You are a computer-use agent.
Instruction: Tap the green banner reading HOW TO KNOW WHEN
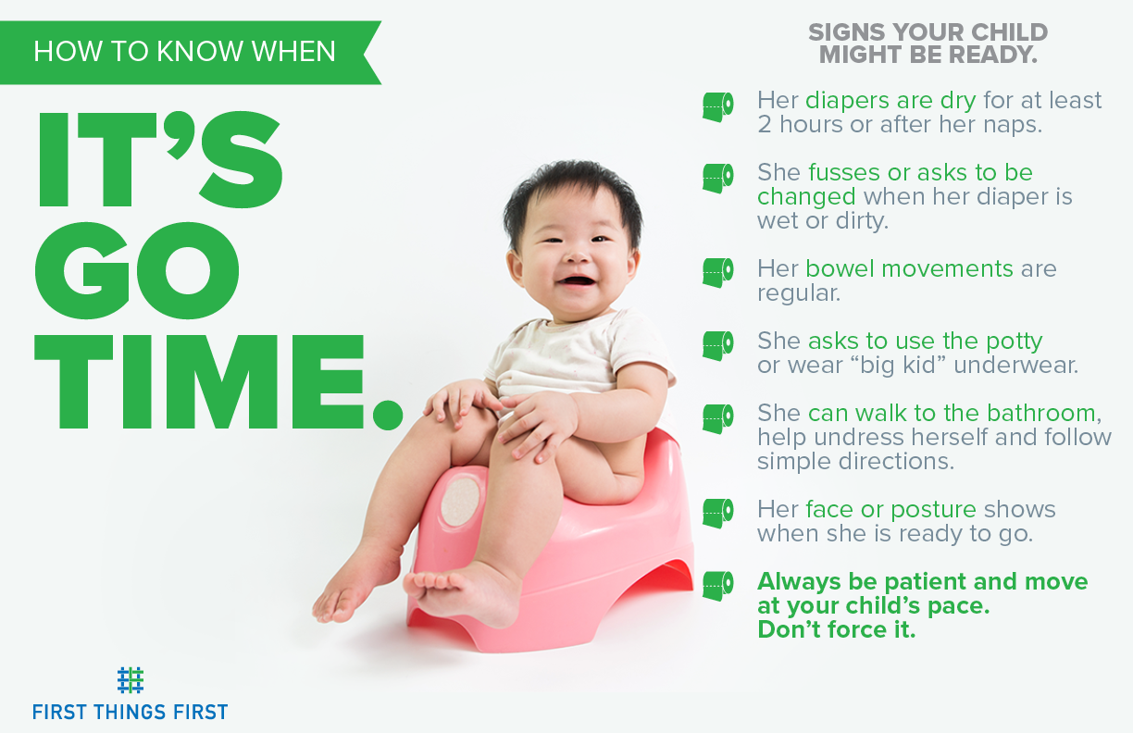click(185, 52)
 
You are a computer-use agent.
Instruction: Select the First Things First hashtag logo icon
click(131, 680)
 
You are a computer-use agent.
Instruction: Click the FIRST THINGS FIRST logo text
click(131, 712)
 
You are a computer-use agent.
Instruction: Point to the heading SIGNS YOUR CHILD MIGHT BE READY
click(928, 43)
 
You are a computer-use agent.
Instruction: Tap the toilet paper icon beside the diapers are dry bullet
click(717, 107)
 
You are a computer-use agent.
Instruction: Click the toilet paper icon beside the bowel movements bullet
click(717, 272)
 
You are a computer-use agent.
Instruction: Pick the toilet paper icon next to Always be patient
click(717, 585)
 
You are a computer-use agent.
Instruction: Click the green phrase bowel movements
click(909, 269)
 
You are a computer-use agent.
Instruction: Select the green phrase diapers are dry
click(890, 100)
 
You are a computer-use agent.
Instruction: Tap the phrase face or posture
click(890, 509)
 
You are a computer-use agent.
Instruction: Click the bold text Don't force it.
click(836, 631)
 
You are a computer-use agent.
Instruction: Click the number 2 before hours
click(765, 125)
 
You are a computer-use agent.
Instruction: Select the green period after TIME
click(387, 414)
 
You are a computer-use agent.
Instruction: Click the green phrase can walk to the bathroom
click(951, 413)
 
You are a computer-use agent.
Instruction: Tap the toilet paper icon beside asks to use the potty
click(717, 345)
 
